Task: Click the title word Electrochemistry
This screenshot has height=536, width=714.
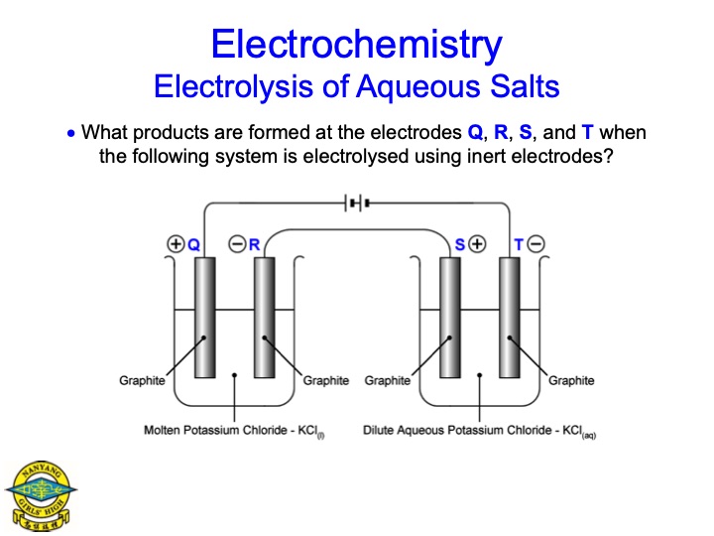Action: (x=357, y=45)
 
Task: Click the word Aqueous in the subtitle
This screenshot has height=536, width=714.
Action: (x=418, y=87)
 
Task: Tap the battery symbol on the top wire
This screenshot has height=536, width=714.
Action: (x=357, y=202)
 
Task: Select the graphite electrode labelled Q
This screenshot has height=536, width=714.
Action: (x=205, y=318)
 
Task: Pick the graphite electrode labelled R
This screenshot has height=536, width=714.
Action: (x=264, y=318)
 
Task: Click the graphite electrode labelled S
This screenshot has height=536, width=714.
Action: (x=450, y=318)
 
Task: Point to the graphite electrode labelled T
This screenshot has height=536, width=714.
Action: (x=509, y=318)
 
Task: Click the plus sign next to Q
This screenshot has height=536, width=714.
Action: (x=176, y=244)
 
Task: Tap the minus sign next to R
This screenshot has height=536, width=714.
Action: (x=237, y=244)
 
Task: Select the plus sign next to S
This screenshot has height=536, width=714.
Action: (x=477, y=244)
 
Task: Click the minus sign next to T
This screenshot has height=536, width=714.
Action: (x=535, y=244)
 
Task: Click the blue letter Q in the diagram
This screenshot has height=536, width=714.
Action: (x=194, y=245)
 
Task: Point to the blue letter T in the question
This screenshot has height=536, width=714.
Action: (x=587, y=132)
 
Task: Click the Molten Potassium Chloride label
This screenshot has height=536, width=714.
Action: (x=234, y=431)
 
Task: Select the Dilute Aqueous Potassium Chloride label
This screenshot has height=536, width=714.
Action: (x=479, y=431)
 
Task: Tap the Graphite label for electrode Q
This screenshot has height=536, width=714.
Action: (x=142, y=380)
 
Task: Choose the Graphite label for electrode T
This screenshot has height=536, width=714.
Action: (x=571, y=380)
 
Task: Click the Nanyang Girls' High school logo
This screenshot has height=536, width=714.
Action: (x=41, y=496)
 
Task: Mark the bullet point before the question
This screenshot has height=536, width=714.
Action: (x=70, y=134)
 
